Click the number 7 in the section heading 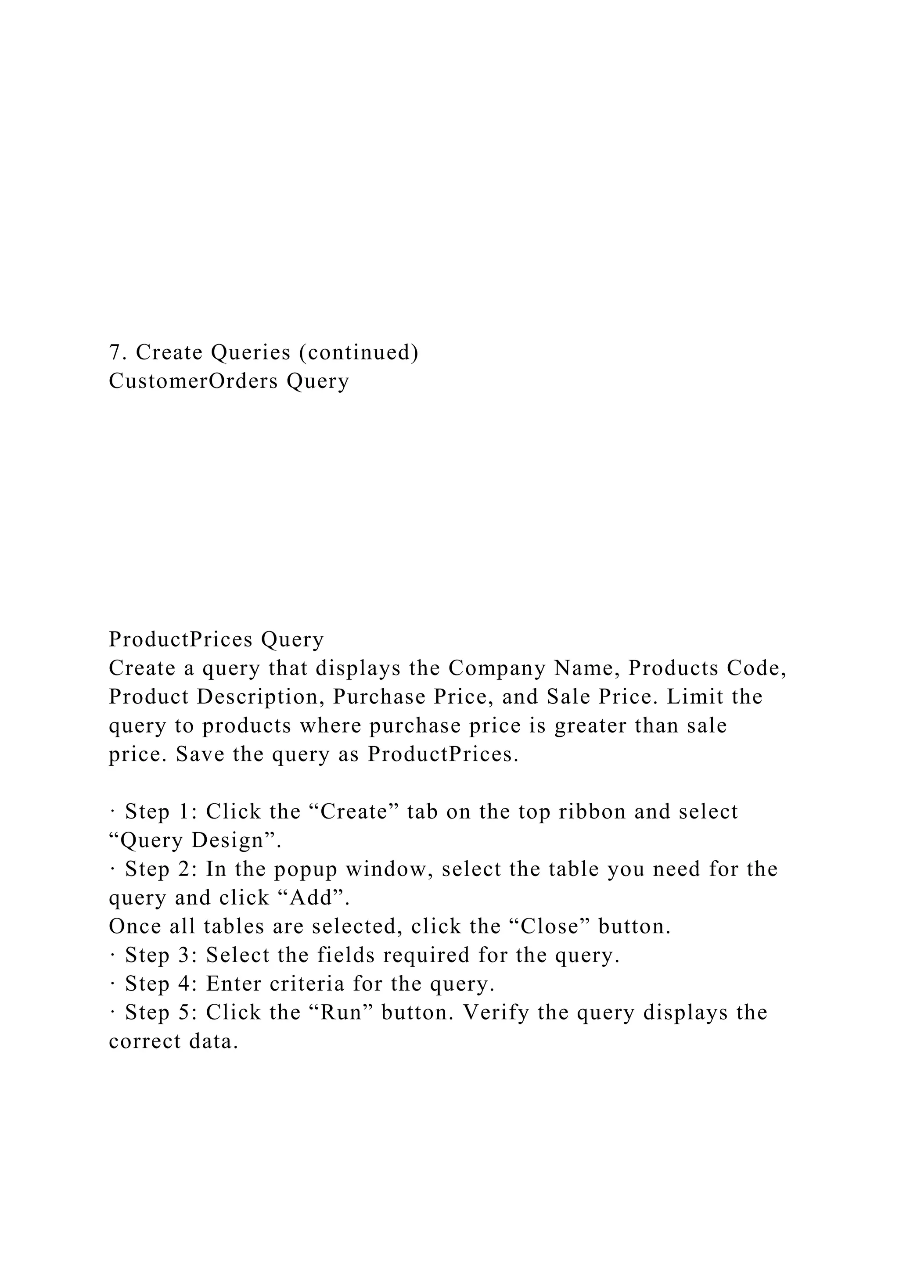(x=115, y=352)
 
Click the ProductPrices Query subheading (x=216, y=639)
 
